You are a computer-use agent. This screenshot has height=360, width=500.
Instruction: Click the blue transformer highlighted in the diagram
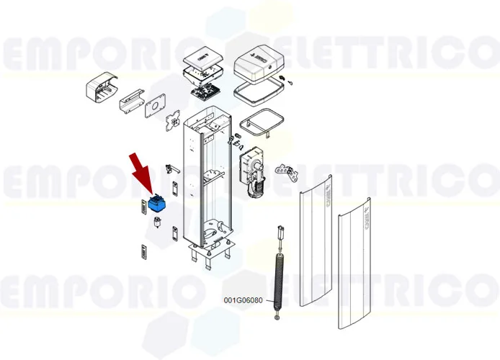pos(156,203)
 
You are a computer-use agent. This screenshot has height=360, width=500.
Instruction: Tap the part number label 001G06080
pos(243,300)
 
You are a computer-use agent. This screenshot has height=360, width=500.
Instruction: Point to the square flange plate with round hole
pos(153,109)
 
